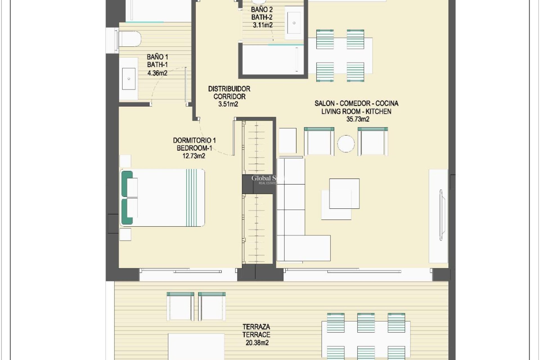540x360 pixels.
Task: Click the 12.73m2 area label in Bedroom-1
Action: [194, 156]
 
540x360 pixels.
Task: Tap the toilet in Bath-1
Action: [129, 39]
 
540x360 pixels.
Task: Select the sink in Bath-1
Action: [129, 79]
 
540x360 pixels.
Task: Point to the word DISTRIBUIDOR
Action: [229, 89]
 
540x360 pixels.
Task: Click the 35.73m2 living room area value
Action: [358, 119]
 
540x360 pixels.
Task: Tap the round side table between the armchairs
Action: [346, 144]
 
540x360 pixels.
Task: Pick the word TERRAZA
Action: [256, 327]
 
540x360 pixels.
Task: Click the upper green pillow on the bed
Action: [127, 184]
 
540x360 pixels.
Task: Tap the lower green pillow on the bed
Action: [127, 211]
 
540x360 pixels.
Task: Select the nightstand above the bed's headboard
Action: [125, 161]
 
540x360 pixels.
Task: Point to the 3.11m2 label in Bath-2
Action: [262, 25]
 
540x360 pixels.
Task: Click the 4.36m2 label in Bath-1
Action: [157, 73]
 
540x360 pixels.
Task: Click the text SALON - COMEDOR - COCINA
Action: [356, 103]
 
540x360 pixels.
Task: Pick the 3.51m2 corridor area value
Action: [228, 104]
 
